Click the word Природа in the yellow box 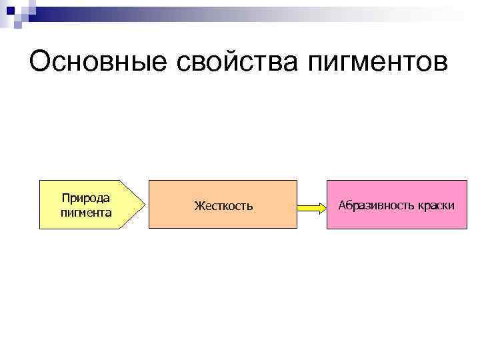click(86, 198)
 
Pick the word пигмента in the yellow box click(86, 213)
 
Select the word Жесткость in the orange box click(223, 206)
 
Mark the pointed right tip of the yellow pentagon click(144, 205)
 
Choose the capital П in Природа click(65, 197)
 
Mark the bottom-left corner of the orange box click(149, 229)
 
